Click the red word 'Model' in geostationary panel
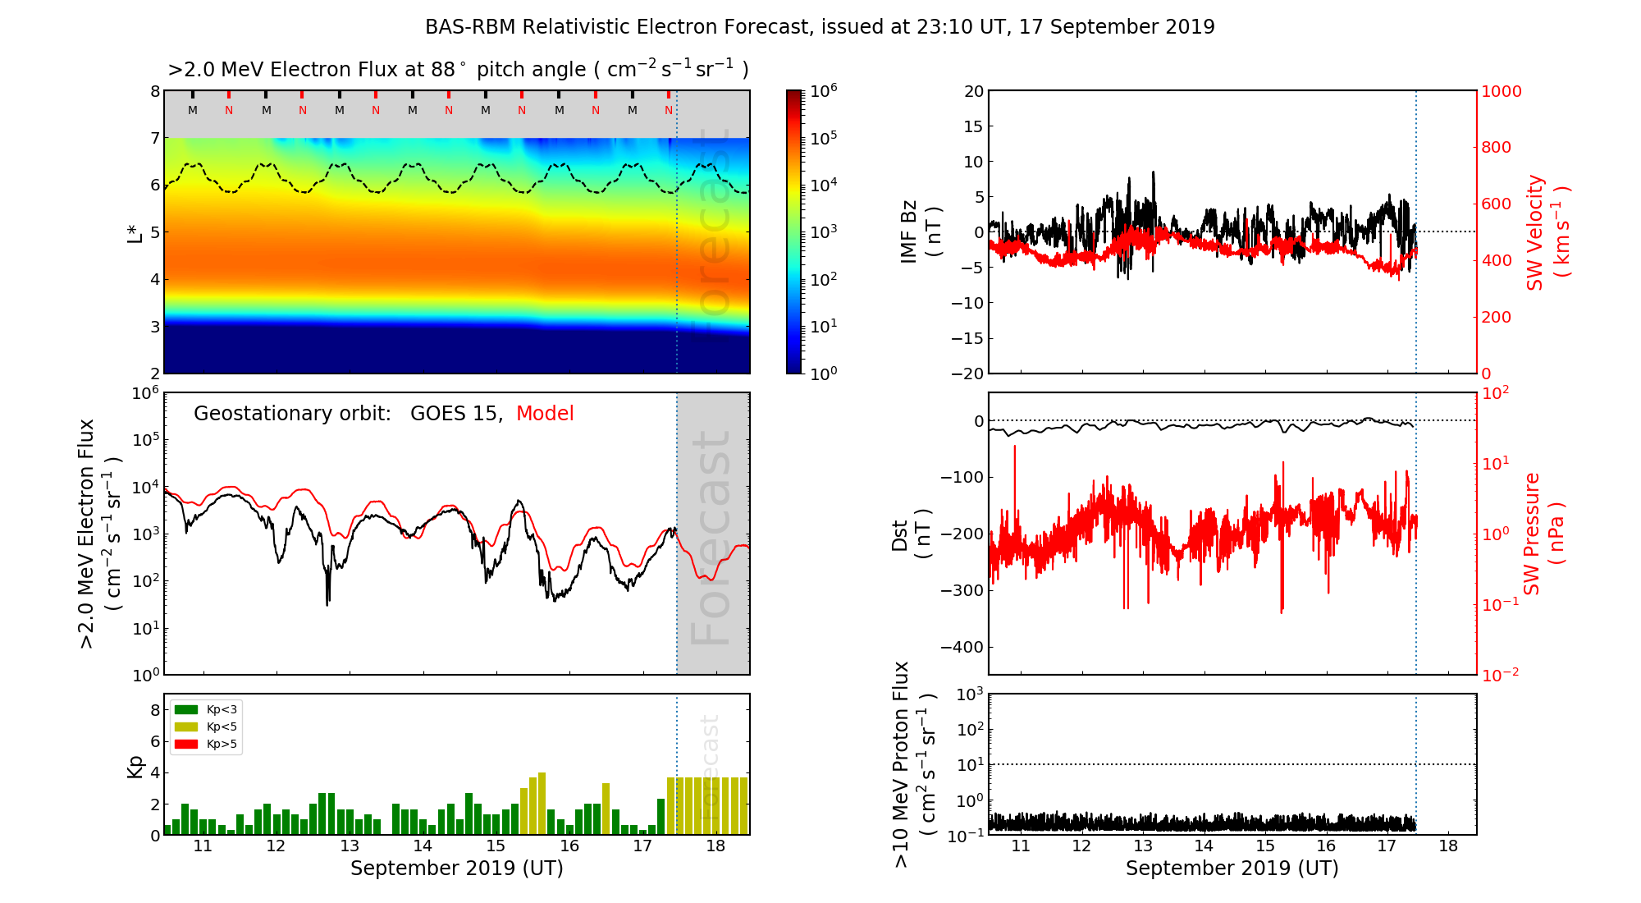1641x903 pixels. pos(545,414)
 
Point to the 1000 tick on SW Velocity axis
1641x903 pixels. pos(1501,91)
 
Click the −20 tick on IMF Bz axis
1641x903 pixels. pos(967,374)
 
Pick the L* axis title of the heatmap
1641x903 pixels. pos(135,232)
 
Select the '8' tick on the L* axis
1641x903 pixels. pos(154,91)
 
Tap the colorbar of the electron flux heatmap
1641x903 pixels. pos(794,232)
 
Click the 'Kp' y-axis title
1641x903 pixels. pos(135,766)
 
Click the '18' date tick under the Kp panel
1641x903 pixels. pos(715,846)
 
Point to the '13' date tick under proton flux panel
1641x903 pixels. pos(1143,846)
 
